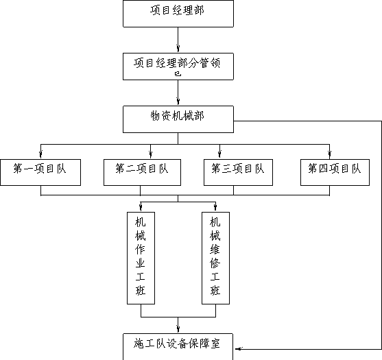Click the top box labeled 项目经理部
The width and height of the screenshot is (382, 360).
(x=178, y=14)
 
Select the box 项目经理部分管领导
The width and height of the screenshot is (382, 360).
(x=178, y=67)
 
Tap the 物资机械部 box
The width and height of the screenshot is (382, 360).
(x=178, y=119)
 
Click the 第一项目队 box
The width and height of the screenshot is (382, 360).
(x=40, y=172)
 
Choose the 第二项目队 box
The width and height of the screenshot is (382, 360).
(x=142, y=172)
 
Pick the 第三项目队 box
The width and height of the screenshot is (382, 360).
(x=238, y=172)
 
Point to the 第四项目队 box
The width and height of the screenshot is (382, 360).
(x=335, y=172)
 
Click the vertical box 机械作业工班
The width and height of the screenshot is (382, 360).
(x=141, y=258)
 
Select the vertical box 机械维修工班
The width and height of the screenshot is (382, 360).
(x=215, y=258)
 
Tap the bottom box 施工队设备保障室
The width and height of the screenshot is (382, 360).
(x=178, y=346)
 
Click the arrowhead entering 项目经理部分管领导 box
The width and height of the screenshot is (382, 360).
(x=178, y=49)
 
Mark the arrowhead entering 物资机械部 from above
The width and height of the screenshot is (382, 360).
(x=178, y=101)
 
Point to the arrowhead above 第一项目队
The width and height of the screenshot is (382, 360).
(x=40, y=155)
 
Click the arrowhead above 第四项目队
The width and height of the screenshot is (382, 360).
(x=330, y=155)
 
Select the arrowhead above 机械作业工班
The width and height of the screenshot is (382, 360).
(x=141, y=208)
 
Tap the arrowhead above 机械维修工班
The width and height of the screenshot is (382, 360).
(x=215, y=208)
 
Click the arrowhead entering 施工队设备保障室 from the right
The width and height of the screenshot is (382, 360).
(x=239, y=349)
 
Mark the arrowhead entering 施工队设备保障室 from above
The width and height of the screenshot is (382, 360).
(x=178, y=329)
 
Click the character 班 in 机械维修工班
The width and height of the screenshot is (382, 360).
(x=215, y=290)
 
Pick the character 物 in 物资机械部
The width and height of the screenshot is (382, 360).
(x=156, y=116)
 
